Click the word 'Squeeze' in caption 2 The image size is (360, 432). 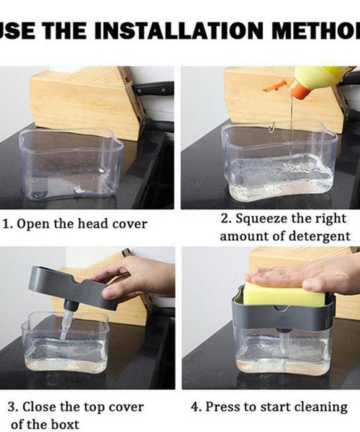pyautogui.click(x=261, y=219)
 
